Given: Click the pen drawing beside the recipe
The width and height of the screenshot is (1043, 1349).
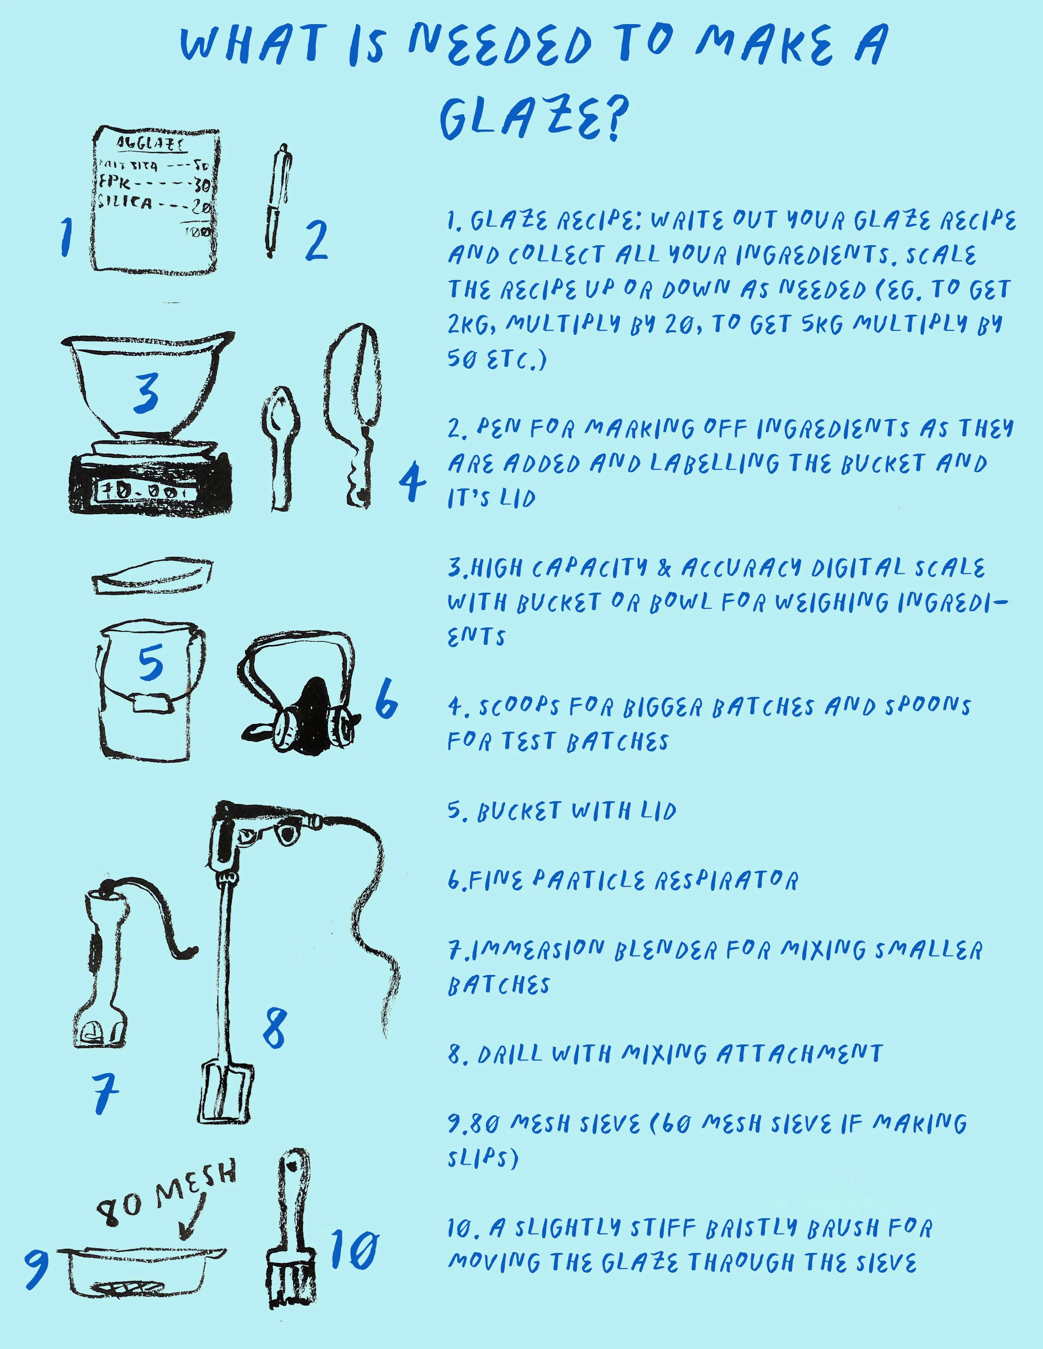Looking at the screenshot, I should [x=277, y=201].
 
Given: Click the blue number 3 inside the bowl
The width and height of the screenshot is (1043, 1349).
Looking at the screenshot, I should [x=146, y=394].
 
